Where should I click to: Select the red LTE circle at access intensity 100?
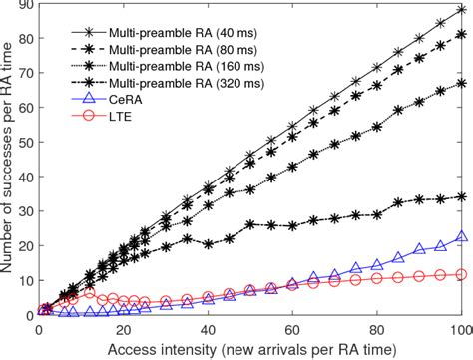click(460, 273)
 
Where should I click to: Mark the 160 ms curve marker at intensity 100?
click(460, 84)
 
